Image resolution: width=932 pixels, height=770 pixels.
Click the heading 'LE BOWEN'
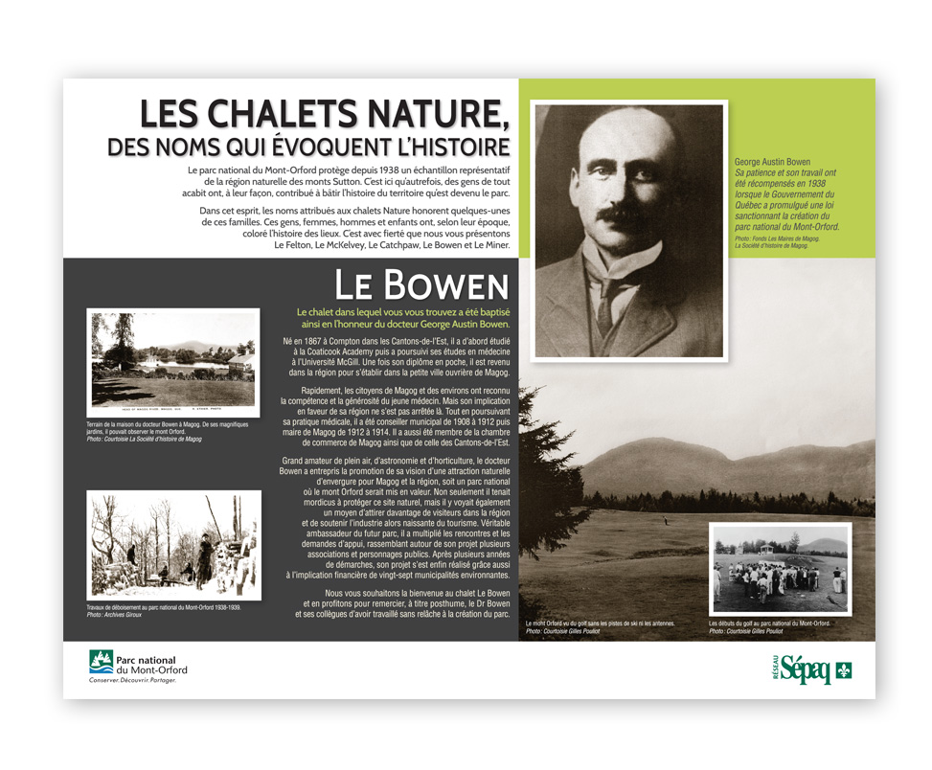(x=421, y=284)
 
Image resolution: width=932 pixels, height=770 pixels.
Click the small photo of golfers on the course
(x=780, y=568)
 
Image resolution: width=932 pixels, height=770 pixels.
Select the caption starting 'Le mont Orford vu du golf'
(x=600, y=623)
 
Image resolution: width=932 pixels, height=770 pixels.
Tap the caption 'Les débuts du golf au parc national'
(x=769, y=623)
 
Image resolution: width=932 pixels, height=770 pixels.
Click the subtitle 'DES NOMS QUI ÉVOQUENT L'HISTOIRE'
(x=308, y=147)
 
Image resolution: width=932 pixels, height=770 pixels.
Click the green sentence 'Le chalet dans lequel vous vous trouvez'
(x=402, y=318)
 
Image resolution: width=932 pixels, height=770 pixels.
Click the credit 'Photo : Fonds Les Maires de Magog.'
(x=778, y=238)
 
